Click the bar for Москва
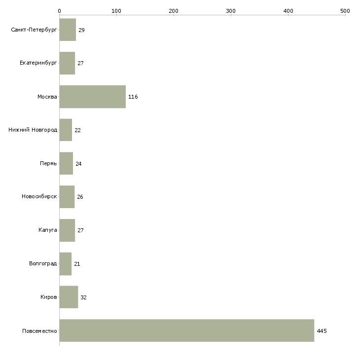pos(93,97)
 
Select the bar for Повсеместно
pos(187,330)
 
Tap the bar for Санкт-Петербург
pos(68,30)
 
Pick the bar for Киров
pos(69,297)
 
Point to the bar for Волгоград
pos(66,263)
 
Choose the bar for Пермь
pos(66,163)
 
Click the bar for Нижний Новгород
pos(66,130)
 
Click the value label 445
pos(322,331)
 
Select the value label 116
pos(133,97)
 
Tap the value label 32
pos(83,297)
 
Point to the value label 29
pos(81,30)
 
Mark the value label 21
pos(77,264)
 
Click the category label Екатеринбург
pos(38,63)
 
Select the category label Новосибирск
pos(39,197)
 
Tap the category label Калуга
pos(48,230)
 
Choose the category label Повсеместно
pos(39,331)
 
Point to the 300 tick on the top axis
pos(231,15)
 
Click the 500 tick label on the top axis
pos(345,11)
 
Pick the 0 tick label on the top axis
pos(60,11)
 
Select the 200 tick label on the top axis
pos(174,11)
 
